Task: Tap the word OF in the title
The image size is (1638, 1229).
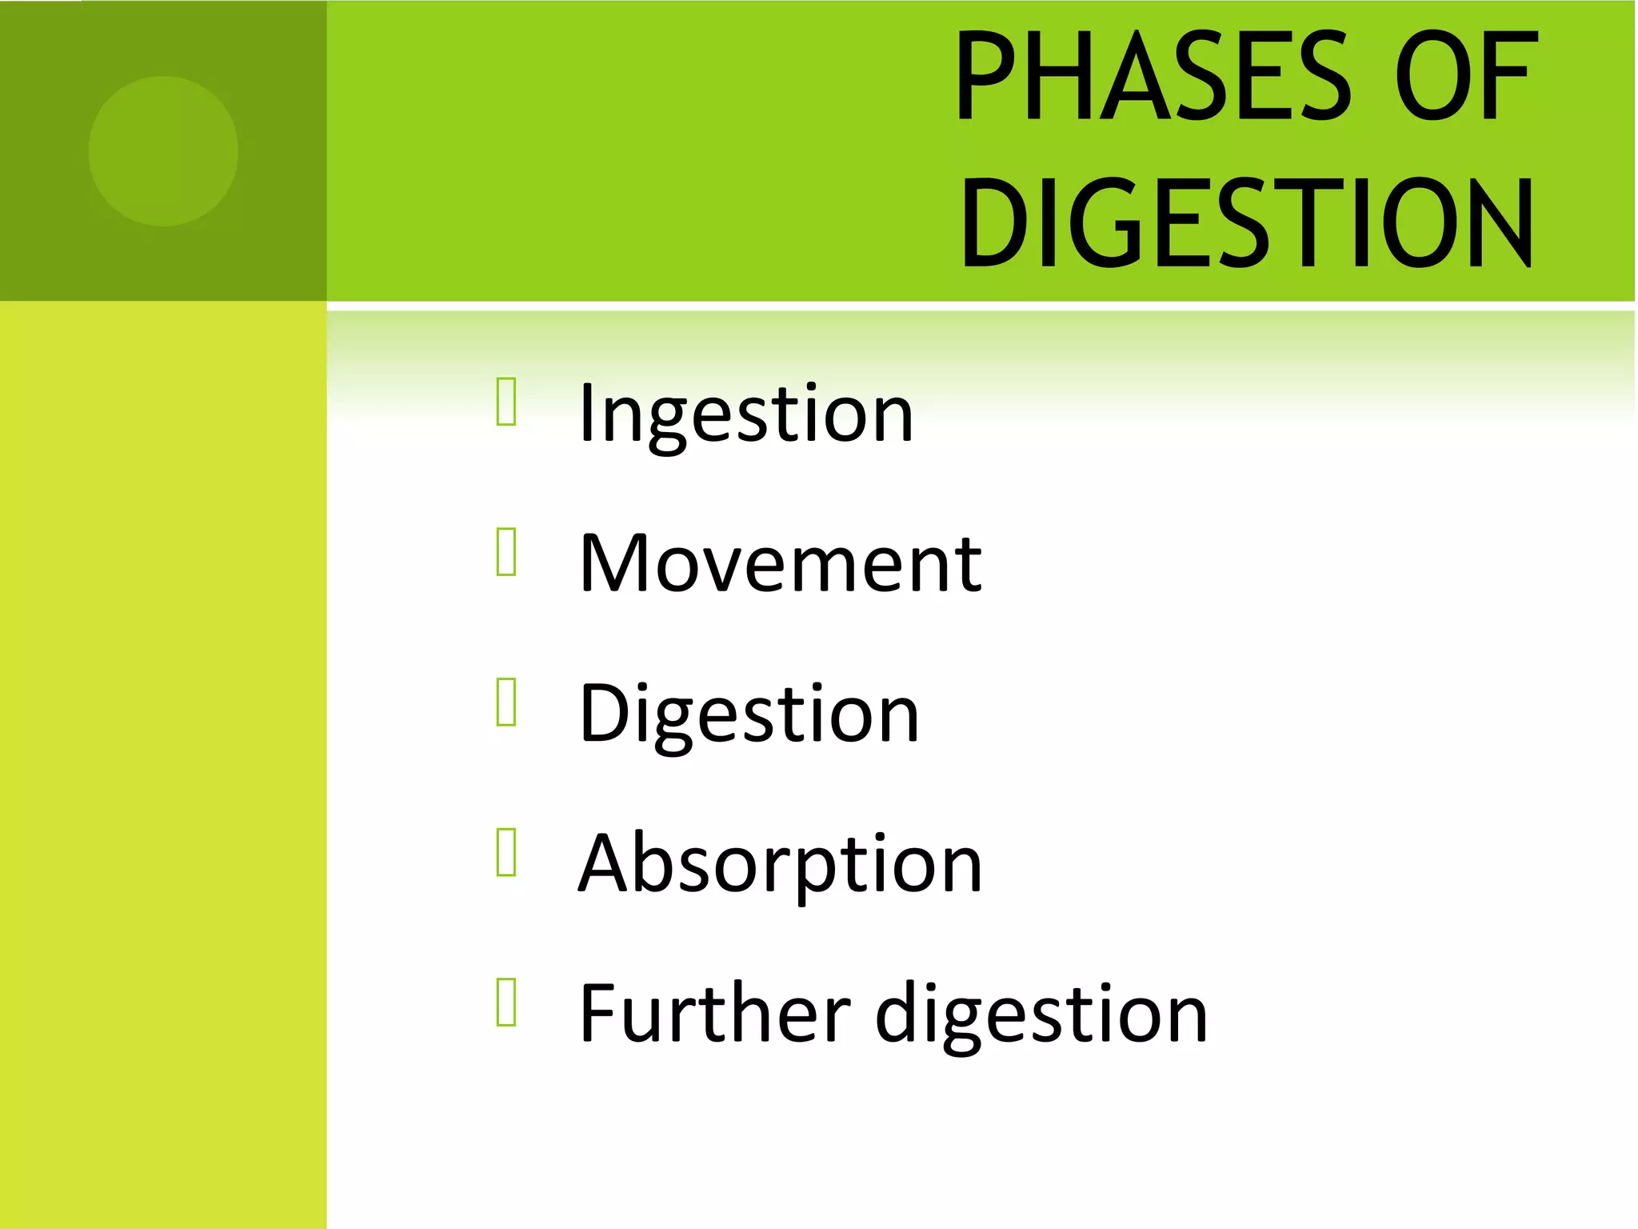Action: (x=1465, y=77)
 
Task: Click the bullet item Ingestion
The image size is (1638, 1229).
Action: (x=745, y=414)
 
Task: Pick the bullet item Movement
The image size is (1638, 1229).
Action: (x=780, y=564)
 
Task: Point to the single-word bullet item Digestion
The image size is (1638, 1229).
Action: (x=749, y=714)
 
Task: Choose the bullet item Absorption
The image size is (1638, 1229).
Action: (x=780, y=864)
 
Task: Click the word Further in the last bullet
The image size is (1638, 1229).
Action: (x=714, y=1014)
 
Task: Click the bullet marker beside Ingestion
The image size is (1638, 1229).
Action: (x=506, y=401)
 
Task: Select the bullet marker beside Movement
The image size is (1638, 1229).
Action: (x=506, y=551)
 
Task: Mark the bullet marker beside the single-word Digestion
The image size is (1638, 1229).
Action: (x=506, y=702)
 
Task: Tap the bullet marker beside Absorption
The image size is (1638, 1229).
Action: (x=506, y=851)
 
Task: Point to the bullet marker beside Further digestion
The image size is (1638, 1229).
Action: (x=506, y=1001)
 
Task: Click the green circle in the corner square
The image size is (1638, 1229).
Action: (x=163, y=151)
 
